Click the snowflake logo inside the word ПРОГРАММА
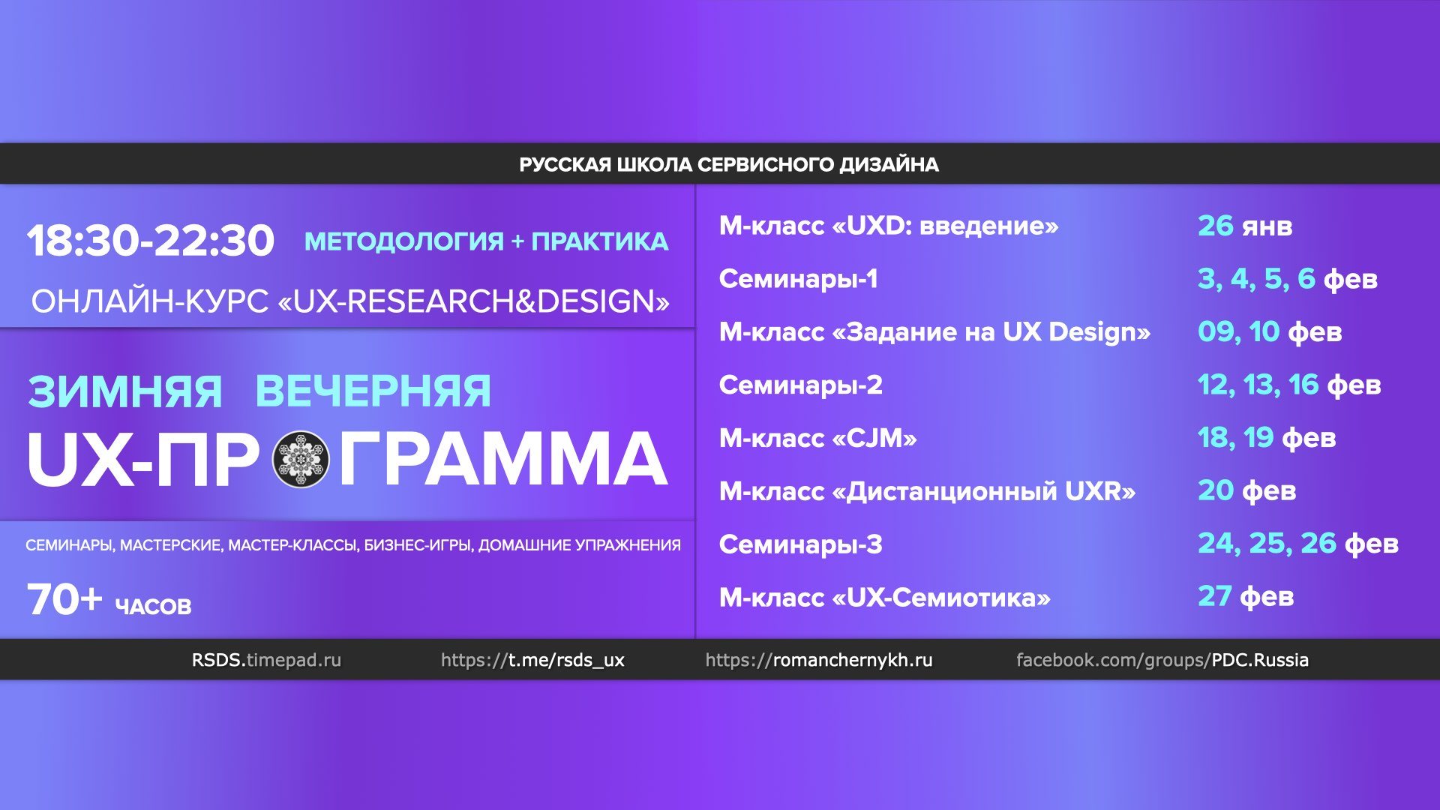click(300, 459)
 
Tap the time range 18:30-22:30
click(151, 241)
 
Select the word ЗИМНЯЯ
click(125, 391)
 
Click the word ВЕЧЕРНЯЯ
click(373, 391)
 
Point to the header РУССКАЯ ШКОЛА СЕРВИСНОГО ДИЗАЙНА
click(728, 164)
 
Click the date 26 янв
click(1245, 226)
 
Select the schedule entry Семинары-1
click(798, 279)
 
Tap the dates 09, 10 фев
click(1270, 331)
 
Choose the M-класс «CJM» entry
click(817, 438)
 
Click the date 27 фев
click(1246, 597)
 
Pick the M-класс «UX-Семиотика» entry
click(884, 598)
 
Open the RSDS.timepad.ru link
click(266, 660)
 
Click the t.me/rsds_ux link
click(532, 660)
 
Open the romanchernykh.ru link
click(819, 660)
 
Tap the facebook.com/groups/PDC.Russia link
click(1162, 660)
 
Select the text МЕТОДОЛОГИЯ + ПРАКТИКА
click(486, 241)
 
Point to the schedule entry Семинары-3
click(800, 544)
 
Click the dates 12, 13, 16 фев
click(1289, 385)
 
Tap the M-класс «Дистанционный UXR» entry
click(927, 491)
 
